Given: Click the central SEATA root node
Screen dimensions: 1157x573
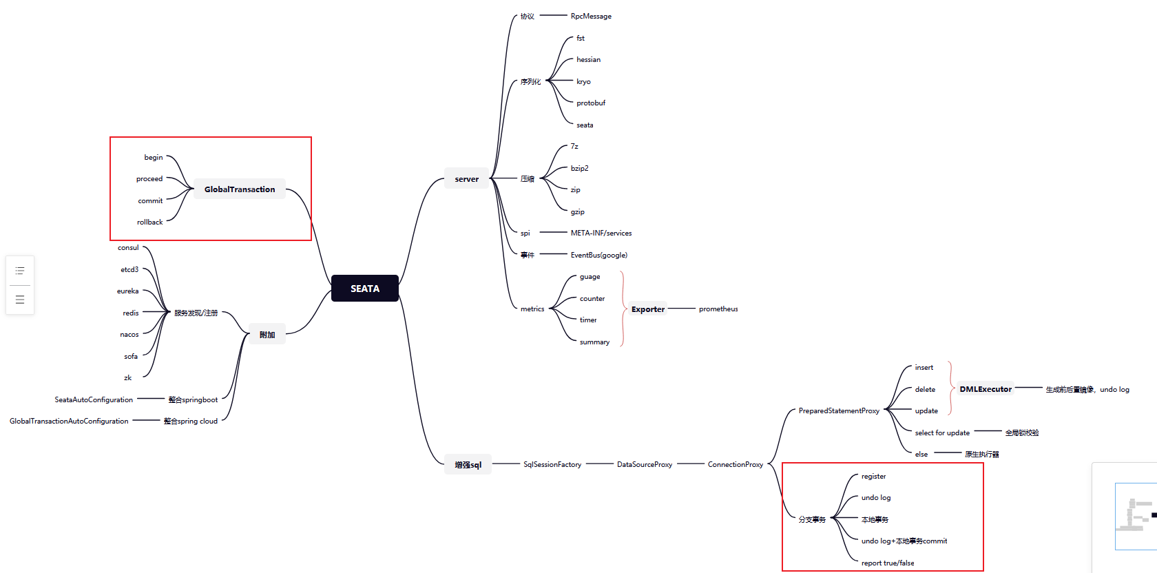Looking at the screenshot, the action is click(365, 289).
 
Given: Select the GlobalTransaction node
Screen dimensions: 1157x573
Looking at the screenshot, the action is click(240, 189).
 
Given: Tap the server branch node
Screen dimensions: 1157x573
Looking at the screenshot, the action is click(466, 179).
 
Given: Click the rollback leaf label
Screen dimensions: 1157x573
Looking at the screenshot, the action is click(149, 222).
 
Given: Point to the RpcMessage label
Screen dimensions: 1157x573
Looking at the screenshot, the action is click(591, 17).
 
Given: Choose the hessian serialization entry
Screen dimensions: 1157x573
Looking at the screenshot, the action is click(588, 60).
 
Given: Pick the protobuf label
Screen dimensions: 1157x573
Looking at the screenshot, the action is click(591, 103).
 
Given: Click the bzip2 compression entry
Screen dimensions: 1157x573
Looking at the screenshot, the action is click(579, 169).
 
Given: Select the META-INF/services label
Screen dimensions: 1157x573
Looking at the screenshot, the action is click(601, 233).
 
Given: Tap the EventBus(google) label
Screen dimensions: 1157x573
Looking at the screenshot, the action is click(598, 256).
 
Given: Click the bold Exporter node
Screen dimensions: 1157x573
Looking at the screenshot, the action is click(648, 309).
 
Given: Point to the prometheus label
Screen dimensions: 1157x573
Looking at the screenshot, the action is click(718, 309).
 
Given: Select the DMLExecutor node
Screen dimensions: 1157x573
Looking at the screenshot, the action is click(986, 389).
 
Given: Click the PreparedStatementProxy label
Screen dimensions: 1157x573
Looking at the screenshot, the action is click(839, 411).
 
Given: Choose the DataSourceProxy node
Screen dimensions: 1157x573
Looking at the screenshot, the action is click(645, 465).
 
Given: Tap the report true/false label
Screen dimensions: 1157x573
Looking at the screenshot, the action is click(888, 563).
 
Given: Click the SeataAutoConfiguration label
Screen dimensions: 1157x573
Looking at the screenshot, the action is click(94, 400).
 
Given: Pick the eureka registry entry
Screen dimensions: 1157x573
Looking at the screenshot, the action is click(127, 291).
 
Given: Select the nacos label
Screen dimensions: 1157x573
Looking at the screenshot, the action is click(129, 335).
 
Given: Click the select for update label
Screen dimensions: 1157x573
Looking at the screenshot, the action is click(942, 433).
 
